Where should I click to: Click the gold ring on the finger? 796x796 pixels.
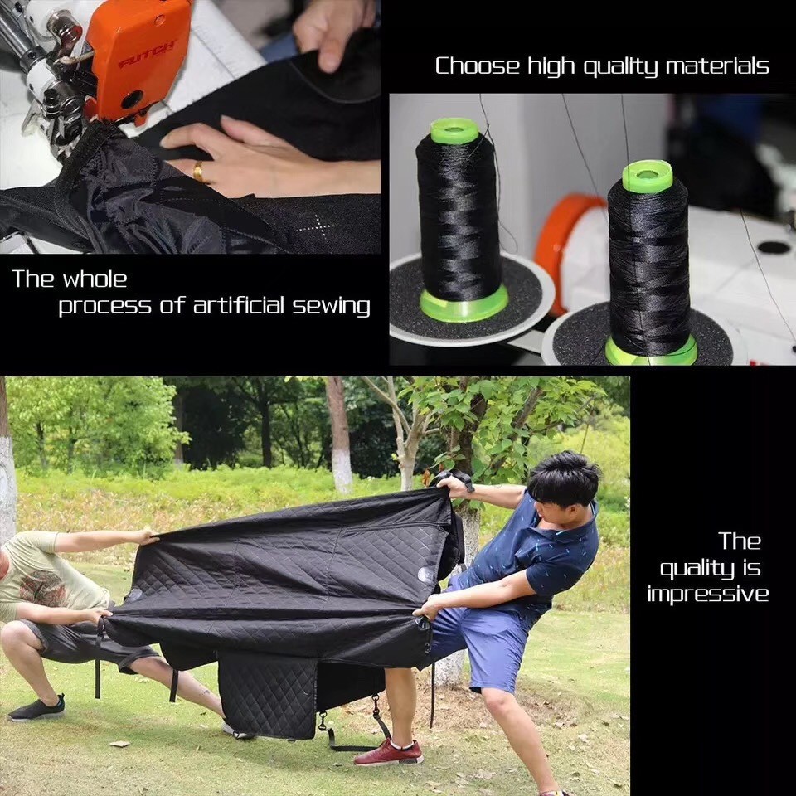(x=198, y=171)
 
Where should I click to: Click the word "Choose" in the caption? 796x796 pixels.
(x=478, y=66)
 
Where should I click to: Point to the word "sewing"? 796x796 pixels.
(x=331, y=306)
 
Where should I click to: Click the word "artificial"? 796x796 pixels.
(x=239, y=306)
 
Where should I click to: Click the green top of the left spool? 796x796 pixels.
(x=454, y=130)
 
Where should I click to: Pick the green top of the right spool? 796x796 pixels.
(x=648, y=176)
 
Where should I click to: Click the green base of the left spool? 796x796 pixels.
(x=464, y=304)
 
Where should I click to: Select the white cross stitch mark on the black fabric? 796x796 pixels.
(x=316, y=225)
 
